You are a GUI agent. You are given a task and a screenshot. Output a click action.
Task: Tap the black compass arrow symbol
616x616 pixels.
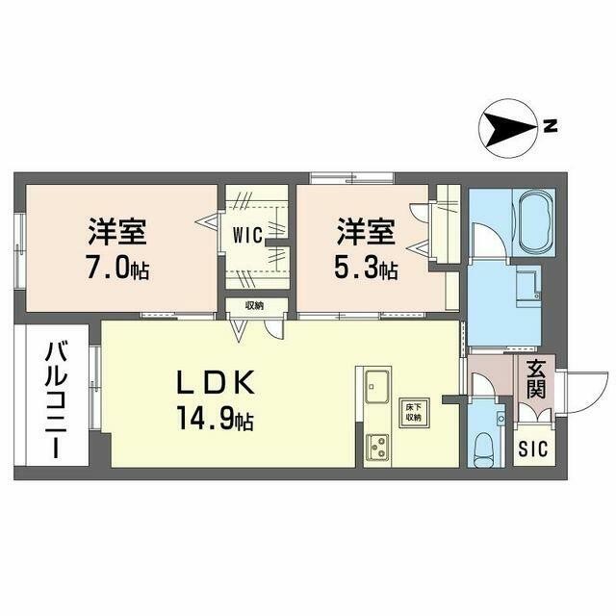pos(508,126)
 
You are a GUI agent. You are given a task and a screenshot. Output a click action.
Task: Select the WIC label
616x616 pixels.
pos(247,233)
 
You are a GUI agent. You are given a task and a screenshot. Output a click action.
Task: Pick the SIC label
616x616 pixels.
pos(530,449)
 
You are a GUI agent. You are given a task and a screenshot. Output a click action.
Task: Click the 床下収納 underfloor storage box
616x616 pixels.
pos(412,413)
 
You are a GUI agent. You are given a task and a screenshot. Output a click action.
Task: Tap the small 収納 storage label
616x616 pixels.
pos(253,306)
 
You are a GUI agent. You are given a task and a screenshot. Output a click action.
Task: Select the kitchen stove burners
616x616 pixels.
pos(376,447)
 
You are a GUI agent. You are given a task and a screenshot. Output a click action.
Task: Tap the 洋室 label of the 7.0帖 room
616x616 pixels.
pos(118,232)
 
